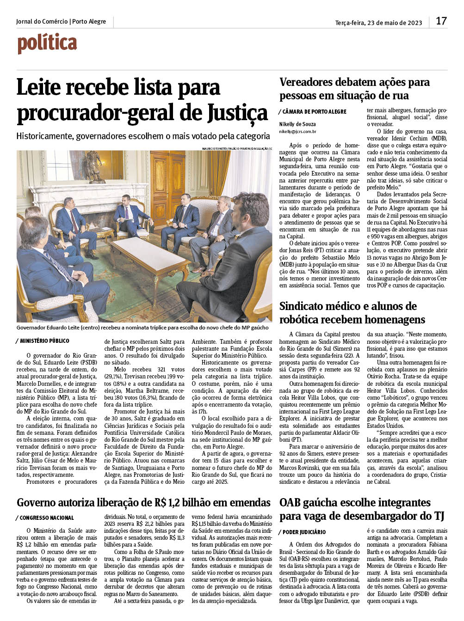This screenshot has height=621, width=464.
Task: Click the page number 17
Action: (x=441, y=21)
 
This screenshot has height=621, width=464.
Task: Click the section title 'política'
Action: (x=47, y=43)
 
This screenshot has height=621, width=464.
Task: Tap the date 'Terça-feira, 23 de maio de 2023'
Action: (x=378, y=23)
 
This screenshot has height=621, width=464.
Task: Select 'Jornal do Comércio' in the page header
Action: (x=42, y=22)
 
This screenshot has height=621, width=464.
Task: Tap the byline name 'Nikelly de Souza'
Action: (x=297, y=124)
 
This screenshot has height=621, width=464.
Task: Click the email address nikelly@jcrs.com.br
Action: (x=297, y=132)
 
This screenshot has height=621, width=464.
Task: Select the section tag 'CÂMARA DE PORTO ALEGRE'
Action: (x=314, y=112)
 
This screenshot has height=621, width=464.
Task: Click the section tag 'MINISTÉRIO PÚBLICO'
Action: (x=44, y=341)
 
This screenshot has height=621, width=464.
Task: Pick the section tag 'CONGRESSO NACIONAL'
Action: (x=46, y=518)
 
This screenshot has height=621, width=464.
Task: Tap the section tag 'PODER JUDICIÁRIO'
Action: (x=304, y=532)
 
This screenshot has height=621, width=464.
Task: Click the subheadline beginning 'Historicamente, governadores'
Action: (x=143, y=136)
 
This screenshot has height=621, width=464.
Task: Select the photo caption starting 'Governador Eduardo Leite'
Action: (x=142, y=328)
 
